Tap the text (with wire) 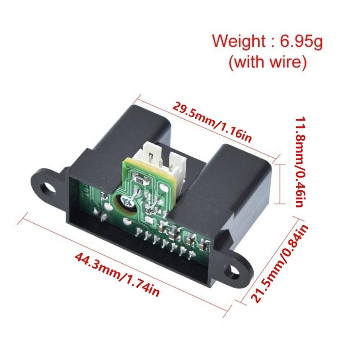click(268, 62)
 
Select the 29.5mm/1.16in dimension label click(212, 122)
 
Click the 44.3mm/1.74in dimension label click(117, 274)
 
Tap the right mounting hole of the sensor click(234, 270)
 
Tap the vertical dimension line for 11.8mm click(282, 184)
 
